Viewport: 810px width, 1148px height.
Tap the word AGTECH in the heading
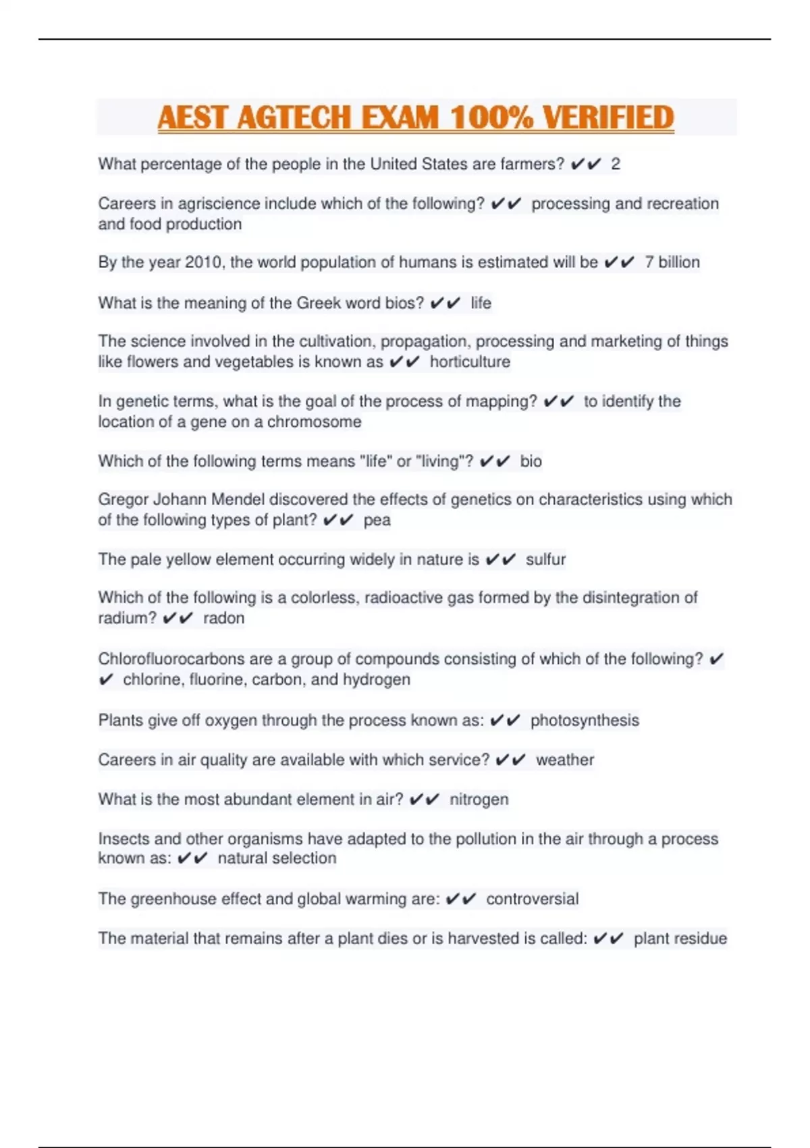pyautogui.click(x=294, y=118)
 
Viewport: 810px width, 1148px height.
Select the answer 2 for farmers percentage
pyautogui.click(x=615, y=164)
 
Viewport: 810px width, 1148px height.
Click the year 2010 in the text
pyautogui.click(x=203, y=262)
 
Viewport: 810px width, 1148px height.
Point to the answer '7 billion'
pyautogui.click(x=672, y=262)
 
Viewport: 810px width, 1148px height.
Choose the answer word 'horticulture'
pyautogui.click(x=470, y=362)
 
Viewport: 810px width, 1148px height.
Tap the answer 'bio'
pyautogui.click(x=531, y=461)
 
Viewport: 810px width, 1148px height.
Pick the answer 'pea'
pyautogui.click(x=377, y=520)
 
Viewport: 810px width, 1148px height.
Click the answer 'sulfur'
pyautogui.click(x=545, y=559)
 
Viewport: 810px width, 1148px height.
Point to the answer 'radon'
pyautogui.click(x=223, y=618)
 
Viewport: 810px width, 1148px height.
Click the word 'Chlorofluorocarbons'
pyautogui.click(x=171, y=659)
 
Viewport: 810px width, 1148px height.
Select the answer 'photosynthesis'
pyautogui.click(x=585, y=721)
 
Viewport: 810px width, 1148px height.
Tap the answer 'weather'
pyautogui.click(x=565, y=760)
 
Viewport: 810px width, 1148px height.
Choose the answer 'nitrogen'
pyautogui.click(x=479, y=800)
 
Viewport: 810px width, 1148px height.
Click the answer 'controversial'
pyautogui.click(x=532, y=899)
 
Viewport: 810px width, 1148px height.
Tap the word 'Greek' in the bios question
pyautogui.click(x=319, y=303)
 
